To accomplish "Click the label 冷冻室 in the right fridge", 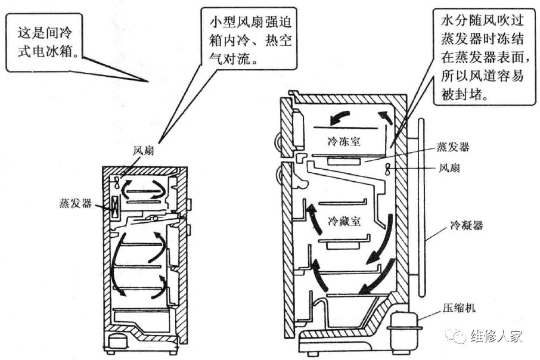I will pos(346,142).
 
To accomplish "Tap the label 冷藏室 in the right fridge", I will pos(346,222).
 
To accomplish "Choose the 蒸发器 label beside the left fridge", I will pos(76,203).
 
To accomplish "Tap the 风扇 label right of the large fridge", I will pos(448,168).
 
